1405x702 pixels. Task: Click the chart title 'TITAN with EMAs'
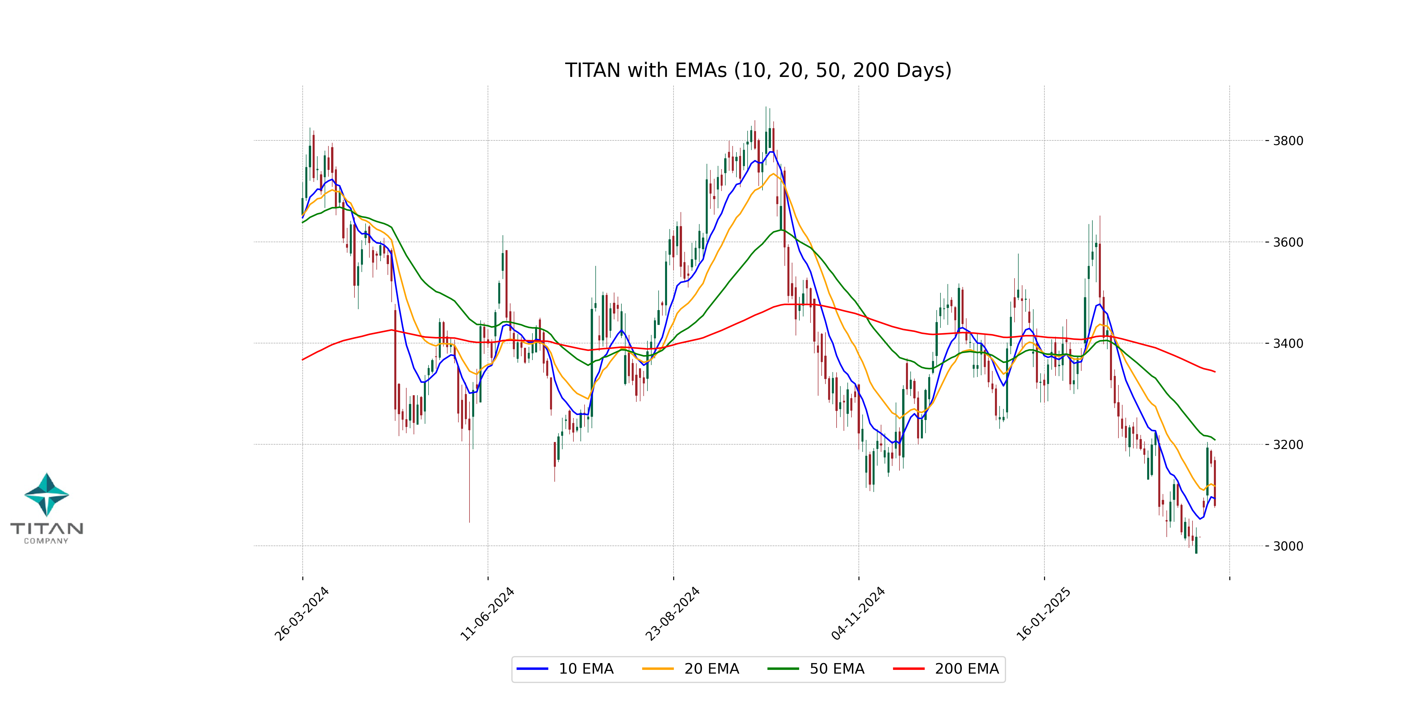click(x=758, y=70)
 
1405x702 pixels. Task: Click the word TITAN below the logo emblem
click(x=46, y=528)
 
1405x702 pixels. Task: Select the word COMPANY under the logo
click(x=46, y=541)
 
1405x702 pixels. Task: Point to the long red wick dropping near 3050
click(x=469, y=491)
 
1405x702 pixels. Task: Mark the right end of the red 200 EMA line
click(x=1215, y=372)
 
